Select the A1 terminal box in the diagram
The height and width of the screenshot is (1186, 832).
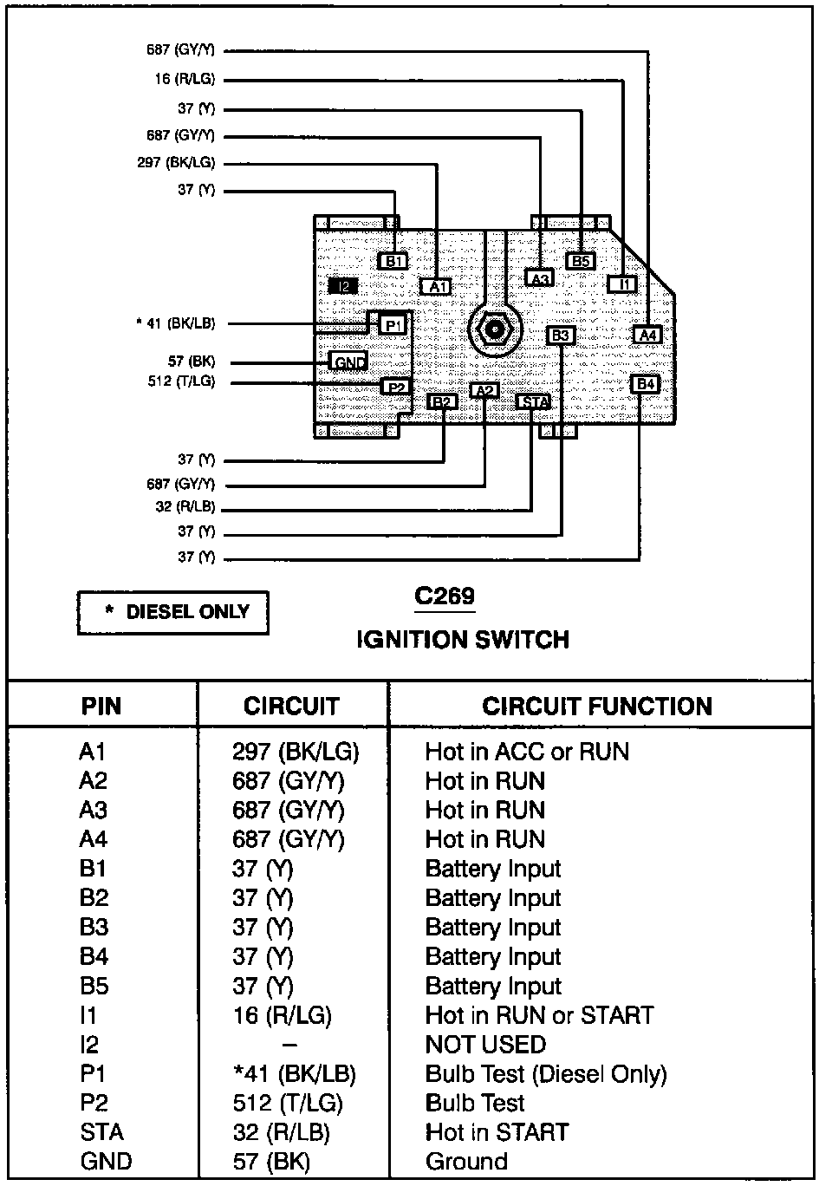coord(436,286)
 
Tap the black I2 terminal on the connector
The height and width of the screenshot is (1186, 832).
coord(343,285)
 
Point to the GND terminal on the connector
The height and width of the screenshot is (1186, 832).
coord(349,362)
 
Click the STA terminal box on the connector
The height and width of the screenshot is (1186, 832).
coord(533,401)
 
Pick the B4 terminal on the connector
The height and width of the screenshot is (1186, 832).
coord(645,384)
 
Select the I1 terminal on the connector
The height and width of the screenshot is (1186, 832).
coord(621,283)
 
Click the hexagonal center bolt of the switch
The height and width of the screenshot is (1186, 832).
coord(494,329)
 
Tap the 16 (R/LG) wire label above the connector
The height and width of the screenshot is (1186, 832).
coord(185,80)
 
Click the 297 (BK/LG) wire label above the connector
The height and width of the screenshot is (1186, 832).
coord(176,163)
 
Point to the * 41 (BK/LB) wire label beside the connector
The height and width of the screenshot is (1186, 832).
coord(175,323)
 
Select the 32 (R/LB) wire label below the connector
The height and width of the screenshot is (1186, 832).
coord(185,507)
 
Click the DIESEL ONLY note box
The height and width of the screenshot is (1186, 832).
coord(173,613)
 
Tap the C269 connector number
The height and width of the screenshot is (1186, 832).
coord(445,596)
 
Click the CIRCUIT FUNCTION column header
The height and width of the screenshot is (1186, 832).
coord(597,706)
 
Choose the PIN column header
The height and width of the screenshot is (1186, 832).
coord(101,706)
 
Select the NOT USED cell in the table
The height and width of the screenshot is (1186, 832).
coord(485,1045)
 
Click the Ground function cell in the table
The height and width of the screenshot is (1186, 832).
coord(466,1162)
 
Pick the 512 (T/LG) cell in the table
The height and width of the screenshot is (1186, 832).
coord(288,1103)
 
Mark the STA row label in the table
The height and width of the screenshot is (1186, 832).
coord(101,1132)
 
